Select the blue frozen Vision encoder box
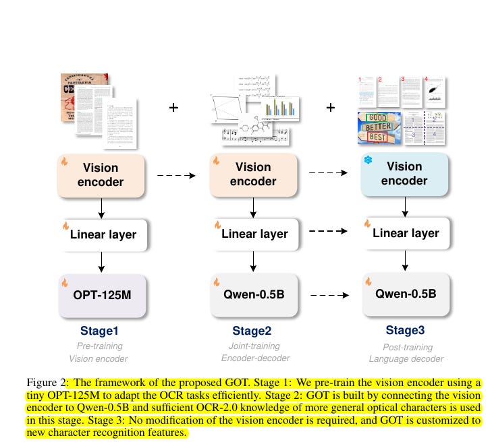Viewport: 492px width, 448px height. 404,173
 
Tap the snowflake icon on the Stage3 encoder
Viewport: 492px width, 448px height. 368,160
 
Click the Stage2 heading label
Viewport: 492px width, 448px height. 251,331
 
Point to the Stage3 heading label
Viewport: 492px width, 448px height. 404,330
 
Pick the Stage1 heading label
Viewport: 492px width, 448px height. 100,331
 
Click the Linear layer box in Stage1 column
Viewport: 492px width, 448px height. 103,235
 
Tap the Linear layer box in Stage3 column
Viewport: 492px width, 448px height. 405,234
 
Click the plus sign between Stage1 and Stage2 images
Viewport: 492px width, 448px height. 174,107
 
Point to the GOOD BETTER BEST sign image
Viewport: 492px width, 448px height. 378,128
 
